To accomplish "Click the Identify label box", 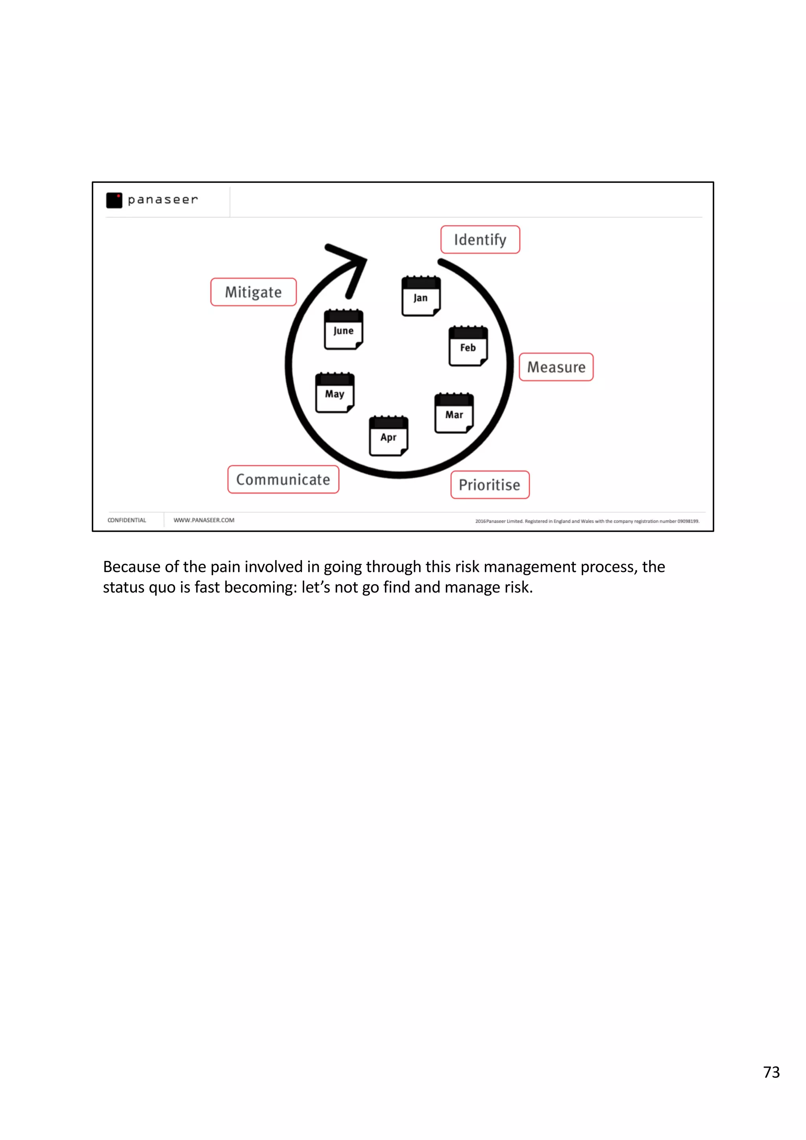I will pyautogui.click(x=480, y=240).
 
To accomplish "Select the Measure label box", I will pyautogui.click(x=556, y=367).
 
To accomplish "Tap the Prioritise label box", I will pyautogui.click(x=490, y=485).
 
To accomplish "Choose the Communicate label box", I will pyautogui.click(x=283, y=479).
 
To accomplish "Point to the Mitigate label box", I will pyautogui.click(x=253, y=292).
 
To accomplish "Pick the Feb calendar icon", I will pyautogui.click(x=468, y=346).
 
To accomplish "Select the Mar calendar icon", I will pyautogui.click(x=454, y=413).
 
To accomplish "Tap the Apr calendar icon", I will pyautogui.click(x=388, y=435).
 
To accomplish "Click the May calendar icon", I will pyautogui.click(x=335, y=392).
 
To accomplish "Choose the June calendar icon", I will pyautogui.click(x=343, y=329).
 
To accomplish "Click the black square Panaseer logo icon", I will pyautogui.click(x=114, y=200).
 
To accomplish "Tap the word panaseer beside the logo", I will pyautogui.click(x=163, y=199).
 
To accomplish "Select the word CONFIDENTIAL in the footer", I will pyautogui.click(x=127, y=520).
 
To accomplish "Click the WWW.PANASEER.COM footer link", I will pyautogui.click(x=203, y=520).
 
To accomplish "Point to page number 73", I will pyautogui.click(x=771, y=1072).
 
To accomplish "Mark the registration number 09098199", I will pyautogui.click(x=688, y=521).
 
